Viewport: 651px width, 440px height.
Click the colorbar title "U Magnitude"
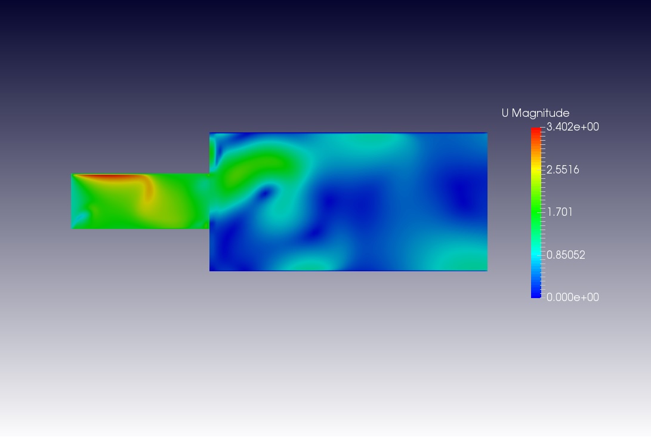tap(535, 113)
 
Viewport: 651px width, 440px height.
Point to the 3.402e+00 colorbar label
tap(572, 127)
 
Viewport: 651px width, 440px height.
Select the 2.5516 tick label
tap(563, 170)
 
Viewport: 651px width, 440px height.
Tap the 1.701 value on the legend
tap(560, 212)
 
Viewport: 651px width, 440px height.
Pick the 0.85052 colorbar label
tap(566, 255)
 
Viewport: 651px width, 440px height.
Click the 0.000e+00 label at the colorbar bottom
tap(572, 298)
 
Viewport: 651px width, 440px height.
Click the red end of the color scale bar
tap(536, 131)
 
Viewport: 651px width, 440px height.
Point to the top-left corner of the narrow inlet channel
tap(72, 174)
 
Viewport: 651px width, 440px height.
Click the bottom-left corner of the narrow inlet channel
tap(72, 228)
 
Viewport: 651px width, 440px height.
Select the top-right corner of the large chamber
tap(487, 133)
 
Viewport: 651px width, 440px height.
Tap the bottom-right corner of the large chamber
tap(487, 271)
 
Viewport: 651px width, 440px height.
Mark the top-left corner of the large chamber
tap(210, 133)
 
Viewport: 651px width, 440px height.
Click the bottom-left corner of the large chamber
tap(210, 271)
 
